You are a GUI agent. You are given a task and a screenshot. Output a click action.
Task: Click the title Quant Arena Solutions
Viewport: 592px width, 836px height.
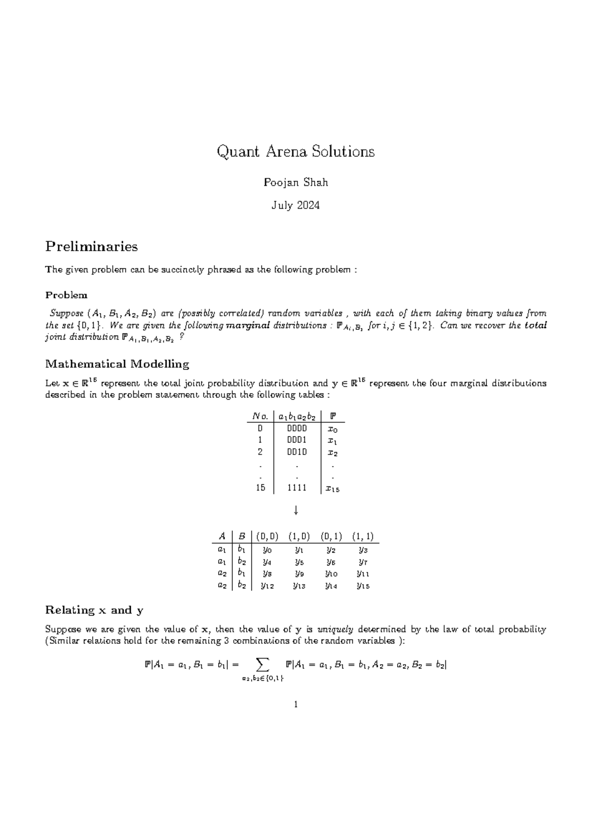point(296,151)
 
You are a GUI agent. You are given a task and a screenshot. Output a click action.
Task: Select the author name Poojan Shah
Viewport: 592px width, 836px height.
point(296,182)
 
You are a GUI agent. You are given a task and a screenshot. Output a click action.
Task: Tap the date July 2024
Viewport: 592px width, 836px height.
point(296,206)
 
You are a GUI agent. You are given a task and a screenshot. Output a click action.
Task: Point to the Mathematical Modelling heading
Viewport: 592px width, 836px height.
point(117,364)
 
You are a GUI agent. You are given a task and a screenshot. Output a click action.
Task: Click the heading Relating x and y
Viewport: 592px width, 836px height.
point(94,610)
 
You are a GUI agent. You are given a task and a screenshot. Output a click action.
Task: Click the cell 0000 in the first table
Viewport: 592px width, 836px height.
point(296,428)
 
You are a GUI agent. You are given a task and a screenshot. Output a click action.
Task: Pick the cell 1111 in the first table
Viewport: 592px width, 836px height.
point(296,488)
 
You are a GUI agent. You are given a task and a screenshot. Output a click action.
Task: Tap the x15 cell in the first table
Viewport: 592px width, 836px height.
point(333,489)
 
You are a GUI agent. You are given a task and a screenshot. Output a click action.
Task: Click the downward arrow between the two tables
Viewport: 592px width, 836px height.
point(296,511)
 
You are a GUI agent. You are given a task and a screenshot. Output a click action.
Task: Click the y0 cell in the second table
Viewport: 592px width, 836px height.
point(267,550)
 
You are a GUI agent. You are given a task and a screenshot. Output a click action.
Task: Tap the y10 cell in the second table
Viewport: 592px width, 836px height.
point(331,574)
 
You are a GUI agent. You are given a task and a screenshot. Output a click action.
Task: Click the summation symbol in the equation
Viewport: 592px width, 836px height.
point(263,665)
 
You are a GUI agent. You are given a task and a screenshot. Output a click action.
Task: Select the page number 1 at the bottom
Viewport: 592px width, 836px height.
point(296,704)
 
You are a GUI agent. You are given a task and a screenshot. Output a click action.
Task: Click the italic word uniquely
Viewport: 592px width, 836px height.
point(335,629)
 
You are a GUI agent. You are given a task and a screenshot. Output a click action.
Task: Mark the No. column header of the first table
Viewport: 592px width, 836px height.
point(260,417)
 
